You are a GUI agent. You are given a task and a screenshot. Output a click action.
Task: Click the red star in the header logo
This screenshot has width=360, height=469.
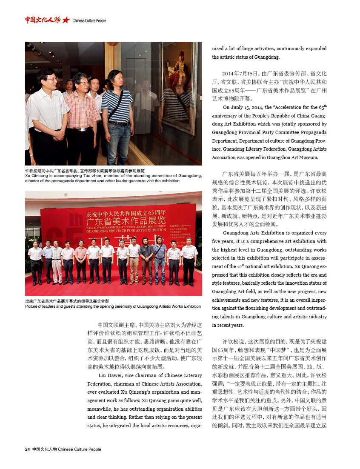(x=66, y=20)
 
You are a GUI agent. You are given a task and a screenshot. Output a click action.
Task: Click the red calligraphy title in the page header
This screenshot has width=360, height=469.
(x=42, y=20)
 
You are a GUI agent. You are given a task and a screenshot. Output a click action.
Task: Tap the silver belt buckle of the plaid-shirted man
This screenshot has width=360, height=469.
(x=81, y=129)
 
